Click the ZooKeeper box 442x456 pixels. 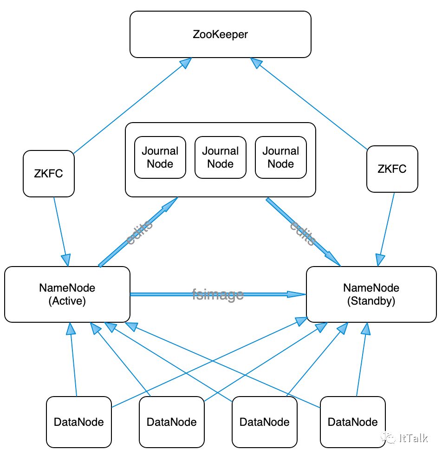click(220, 34)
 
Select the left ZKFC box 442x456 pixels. click(49, 173)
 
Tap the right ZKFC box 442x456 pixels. click(392, 169)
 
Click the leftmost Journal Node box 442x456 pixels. click(160, 157)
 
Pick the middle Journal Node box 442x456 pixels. click(220, 157)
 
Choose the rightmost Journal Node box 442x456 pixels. click(280, 157)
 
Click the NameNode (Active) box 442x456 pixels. click(67, 294)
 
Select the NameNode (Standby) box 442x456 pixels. click(371, 294)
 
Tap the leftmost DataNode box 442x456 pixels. click(79, 422)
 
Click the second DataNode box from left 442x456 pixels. click(172, 422)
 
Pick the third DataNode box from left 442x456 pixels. click(264, 422)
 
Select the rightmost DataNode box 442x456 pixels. click(352, 422)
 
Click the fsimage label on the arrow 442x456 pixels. click(218, 294)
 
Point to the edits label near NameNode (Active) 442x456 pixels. click(139, 232)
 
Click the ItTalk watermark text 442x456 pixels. click(414, 437)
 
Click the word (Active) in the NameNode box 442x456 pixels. click(67, 301)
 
